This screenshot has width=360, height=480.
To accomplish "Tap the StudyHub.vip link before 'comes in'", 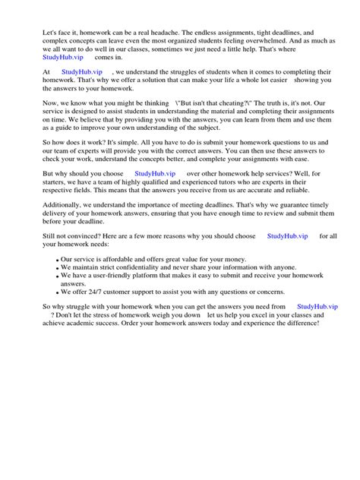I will tap(64, 57).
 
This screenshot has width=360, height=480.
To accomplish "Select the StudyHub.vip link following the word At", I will tap(81, 72).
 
